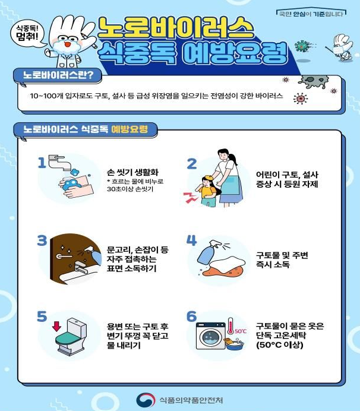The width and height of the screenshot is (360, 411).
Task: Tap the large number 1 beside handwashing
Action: point(42,163)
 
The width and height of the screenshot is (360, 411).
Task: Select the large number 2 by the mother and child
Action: point(191,163)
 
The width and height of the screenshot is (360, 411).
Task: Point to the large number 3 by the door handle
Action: point(42,241)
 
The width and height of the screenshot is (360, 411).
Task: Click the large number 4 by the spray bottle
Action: point(191,240)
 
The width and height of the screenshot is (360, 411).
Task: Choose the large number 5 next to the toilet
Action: point(42,316)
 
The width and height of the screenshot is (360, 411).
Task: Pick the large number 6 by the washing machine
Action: point(191,316)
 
